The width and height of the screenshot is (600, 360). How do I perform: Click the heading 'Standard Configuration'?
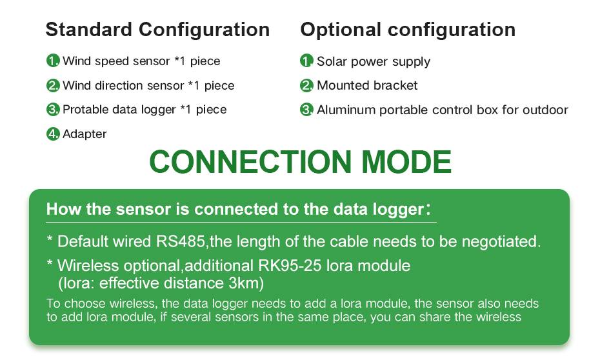pos(157,30)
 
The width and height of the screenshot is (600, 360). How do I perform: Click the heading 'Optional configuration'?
pos(408,30)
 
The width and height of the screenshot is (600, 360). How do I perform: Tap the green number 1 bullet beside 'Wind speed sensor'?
pos(53,61)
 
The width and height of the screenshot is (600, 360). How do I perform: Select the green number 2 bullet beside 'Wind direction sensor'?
pos(53,85)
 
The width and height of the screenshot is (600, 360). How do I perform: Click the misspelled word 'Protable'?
pos(81,110)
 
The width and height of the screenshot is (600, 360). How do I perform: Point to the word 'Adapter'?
pos(85,134)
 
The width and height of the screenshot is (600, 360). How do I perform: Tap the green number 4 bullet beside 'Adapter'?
pos(53,134)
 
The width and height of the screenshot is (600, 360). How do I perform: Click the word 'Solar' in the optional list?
pos(332,61)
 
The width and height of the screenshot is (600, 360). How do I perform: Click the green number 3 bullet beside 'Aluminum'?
pos(306,110)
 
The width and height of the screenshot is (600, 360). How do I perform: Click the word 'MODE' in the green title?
pos(406,161)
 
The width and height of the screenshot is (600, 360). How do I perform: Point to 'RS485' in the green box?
pos(180,241)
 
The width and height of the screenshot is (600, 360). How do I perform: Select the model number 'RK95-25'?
pos(290,266)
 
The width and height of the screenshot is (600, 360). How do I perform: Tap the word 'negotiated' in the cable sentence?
pos(501,242)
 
